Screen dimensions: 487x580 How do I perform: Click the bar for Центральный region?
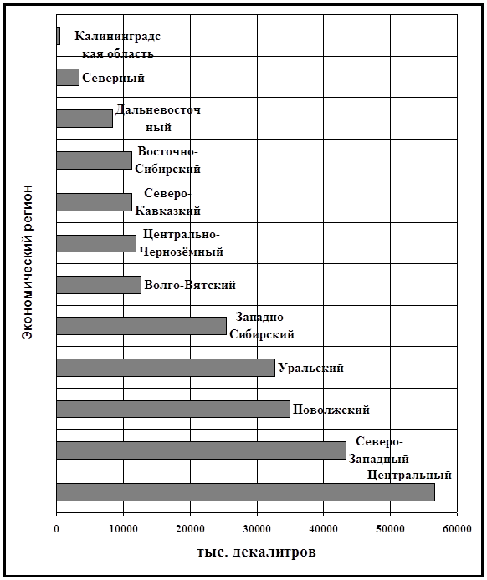pyautogui.click(x=245, y=492)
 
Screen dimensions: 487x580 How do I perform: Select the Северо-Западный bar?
pyautogui.click(x=201, y=450)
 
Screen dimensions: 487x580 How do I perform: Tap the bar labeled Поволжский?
pyautogui.click(x=173, y=409)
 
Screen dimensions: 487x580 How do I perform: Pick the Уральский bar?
pyautogui.click(x=166, y=368)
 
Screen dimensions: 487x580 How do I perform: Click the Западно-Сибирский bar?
pyautogui.click(x=141, y=326)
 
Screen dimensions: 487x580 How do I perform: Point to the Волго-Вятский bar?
pyautogui.click(x=99, y=285)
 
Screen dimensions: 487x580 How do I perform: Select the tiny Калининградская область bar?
pyautogui.click(x=58, y=36)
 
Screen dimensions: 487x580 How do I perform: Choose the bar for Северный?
pyautogui.click(x=68, y=78)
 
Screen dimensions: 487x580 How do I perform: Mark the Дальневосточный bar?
pyautogui.click(x=85, y=119)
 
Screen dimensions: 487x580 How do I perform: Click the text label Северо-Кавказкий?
pyautogui.click(x=167, y=202)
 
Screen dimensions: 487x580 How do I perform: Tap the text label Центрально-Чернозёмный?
pyautogui.click(x=181, y=243)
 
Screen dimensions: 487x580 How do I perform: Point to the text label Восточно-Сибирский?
pyautogui.click(x=167, y=160)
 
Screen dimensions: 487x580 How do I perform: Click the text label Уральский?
pyautogui.click(x=311, y=368)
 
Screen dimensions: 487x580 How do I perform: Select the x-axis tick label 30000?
pyautogui.click(x=257, y=529)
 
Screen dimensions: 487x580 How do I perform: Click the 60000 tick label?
pyautogui.click(x=458, y=529)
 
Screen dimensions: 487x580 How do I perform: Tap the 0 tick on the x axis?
pyautogui.click(x=56, y=529)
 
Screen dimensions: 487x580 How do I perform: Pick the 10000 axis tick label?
pyautogui.click(x=123, y=529)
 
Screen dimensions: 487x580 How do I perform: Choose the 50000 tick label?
pyautogui.click(x=390, y=529)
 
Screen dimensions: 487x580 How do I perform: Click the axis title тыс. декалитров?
pyautogui.click(x=256, y=552)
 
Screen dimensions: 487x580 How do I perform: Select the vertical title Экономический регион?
pyautogui.click(x=27, y=262)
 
